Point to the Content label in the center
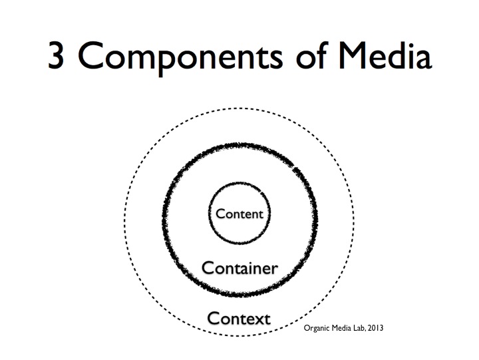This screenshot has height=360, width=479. (239, 214)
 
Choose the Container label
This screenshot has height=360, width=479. (239, 268)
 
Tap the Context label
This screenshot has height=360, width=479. (239, 318)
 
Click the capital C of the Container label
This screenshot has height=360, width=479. (207, 268)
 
